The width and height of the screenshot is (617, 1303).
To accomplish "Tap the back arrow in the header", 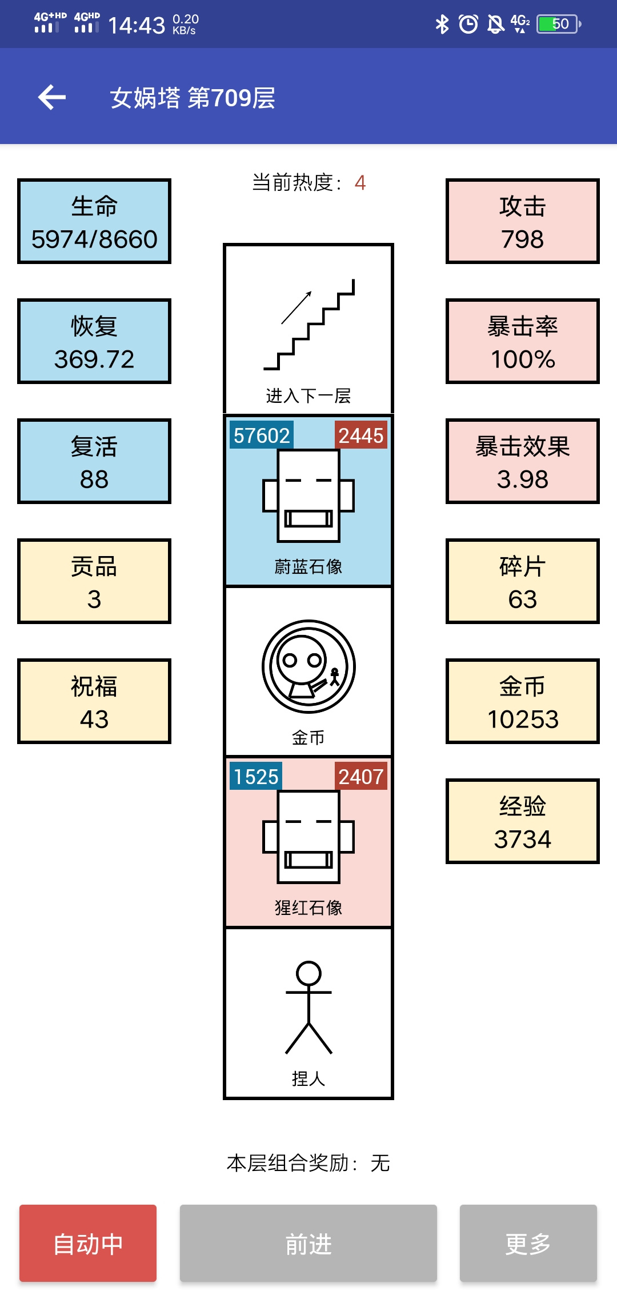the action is click(x=52, y=97).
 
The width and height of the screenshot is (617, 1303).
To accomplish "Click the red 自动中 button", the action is click(x=88, y=1243).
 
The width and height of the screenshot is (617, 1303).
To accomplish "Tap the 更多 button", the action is click(x=528, y=1243).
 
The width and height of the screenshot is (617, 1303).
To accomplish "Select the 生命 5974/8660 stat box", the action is click(x=94, y=221).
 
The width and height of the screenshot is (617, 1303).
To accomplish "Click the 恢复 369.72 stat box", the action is click(x=94, y=341).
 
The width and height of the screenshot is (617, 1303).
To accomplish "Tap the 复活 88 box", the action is click(x=94, y=461).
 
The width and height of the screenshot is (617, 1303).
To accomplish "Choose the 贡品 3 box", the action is click(x=94, y=581).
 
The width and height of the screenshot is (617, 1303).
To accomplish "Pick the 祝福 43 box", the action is click(x=94, y=701).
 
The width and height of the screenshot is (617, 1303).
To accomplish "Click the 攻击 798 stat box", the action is click(x=523, y=221).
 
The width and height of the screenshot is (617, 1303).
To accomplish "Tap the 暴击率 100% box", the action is click(x=523, y=341).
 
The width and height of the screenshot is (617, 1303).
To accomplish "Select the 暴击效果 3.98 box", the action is click(x=523, y=461).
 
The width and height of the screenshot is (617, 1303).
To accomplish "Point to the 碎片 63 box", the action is click(x=523, y=581).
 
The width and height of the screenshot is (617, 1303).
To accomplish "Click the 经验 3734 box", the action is click(x=523, y=821).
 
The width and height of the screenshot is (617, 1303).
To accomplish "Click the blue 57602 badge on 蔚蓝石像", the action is click(x=262, y=435).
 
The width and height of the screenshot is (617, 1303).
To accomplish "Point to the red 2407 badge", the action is click(x=361, y=777).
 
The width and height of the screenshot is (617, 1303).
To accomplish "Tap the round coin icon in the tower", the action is click(x=308, y=666).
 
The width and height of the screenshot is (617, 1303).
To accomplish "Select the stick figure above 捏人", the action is click(x=308, y=1008).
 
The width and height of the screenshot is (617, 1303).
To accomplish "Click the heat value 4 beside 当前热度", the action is click(x=360, y=183).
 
